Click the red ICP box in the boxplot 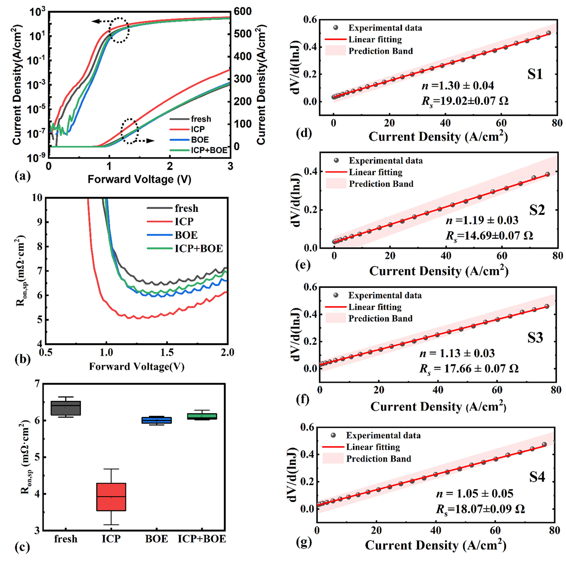[x=111, y=497]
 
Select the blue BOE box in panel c [x=157, y=420]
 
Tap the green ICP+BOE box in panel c [x=202, y=416]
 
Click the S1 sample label [x=535, y=74]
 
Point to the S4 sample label [x=537, y=477]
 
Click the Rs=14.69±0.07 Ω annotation [x=489, y=236]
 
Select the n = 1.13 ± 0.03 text [x=457, y=353]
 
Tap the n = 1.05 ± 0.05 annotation [x=475, y=493]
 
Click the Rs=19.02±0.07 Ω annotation [x=465, y=101]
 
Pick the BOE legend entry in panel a [x=200, y=140]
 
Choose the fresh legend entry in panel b [x=186, y=208]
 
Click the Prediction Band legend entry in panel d [x=380, y=51]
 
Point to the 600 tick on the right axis [x=242, y=12]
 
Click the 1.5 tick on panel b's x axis [x=167, y=352]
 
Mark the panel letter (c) [x=22, y=548]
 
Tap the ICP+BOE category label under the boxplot [x=202, y=539]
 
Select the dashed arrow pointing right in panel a [x=146, y=141]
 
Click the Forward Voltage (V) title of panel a [x=139, y=180]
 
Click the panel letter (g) [x=304, y=541]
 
